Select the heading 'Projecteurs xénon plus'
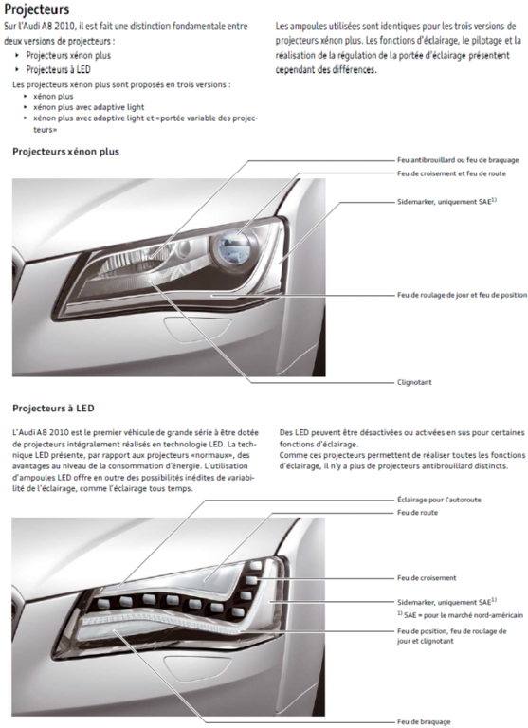[x=66, y=152]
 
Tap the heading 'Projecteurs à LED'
[x=54, y=409]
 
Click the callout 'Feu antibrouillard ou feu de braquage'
[x=458, y=161]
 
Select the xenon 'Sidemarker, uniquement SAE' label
[x=446, y=202]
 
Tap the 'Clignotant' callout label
[x=414, y=382]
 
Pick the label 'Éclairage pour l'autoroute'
[x=438, y=499]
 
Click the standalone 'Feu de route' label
[x=417, y=512]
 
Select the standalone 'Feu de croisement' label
[x=426, y=577]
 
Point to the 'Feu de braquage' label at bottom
[x=423, y=721]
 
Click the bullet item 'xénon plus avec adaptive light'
[x=88, y=107]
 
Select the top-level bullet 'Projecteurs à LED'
[x=59, y=69]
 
